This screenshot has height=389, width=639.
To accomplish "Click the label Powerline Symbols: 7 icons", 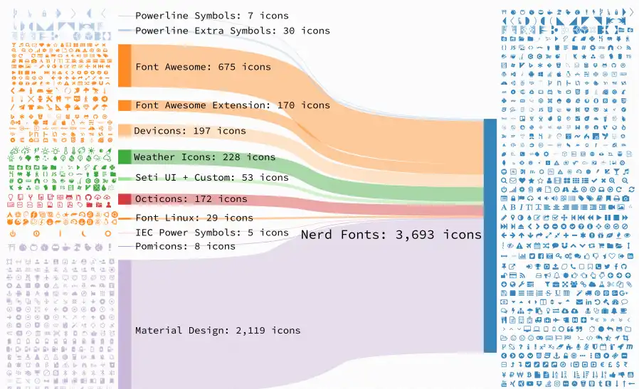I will [212, 16].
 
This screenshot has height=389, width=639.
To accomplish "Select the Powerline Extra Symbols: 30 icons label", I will [233, 31].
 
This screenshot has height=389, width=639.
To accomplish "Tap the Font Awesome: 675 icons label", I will [203, 67].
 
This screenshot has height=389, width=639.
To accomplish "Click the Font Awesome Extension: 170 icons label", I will [233, 105].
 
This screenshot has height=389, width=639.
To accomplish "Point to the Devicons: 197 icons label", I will [190, 131].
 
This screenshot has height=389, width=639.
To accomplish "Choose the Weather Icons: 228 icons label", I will [204, 157].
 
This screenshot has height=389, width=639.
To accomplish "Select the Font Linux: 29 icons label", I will [194, 218].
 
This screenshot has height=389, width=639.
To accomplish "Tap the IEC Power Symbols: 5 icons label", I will [212, 233].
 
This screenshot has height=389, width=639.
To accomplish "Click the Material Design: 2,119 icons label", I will [218, 330].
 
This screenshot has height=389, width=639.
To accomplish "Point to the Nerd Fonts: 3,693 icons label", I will [391, 235].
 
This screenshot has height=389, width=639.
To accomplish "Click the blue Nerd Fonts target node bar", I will [490, 235].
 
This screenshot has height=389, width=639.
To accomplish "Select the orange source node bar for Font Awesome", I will [125, 65].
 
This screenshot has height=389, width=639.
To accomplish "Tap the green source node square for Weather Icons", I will [125, 157].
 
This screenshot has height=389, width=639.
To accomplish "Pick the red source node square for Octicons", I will [125, 199].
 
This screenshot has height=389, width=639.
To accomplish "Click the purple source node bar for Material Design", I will [125, 324].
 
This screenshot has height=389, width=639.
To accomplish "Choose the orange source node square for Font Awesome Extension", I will [125, 105].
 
